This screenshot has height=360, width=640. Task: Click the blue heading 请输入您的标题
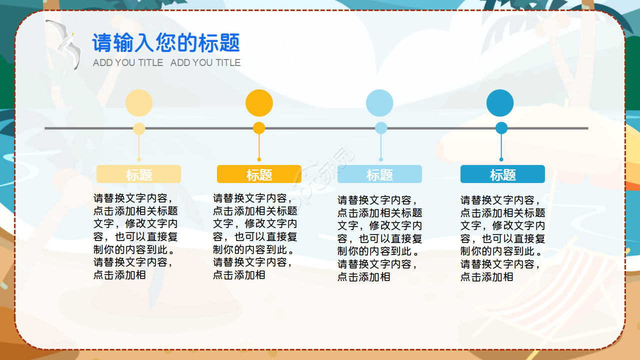(x=166, y=43)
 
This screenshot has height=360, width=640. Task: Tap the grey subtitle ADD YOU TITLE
(x=166, y=62)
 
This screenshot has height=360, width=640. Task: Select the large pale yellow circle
(x=139, y=103)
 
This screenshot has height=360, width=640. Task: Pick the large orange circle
(x=259, y=103)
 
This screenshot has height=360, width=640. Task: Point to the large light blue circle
(x=379, y=103)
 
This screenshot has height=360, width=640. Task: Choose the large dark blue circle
(x=500, y=103)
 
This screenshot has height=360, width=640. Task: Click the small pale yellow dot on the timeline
(x=139, y=128)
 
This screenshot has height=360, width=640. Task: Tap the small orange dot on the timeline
(x=259, y=128)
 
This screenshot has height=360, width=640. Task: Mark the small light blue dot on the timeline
(x=381, y=128)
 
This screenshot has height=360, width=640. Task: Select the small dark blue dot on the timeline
(x=501, y=128)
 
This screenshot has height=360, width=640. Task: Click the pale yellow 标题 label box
(x=138, y=174)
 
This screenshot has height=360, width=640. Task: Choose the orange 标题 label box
(x=259, y=174)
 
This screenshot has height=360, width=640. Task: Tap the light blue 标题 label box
(x=379, y=174)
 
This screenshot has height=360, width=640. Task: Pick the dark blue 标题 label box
(x=502, y=174)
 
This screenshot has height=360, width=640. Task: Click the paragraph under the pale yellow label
(x=135, y=236)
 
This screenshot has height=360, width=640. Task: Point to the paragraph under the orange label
(x=255, y=236)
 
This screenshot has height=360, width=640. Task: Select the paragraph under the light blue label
(x=379, y=238)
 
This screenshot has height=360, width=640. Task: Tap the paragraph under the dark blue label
(x=502, y=238)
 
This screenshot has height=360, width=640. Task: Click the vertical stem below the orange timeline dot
(x=259, y=146)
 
